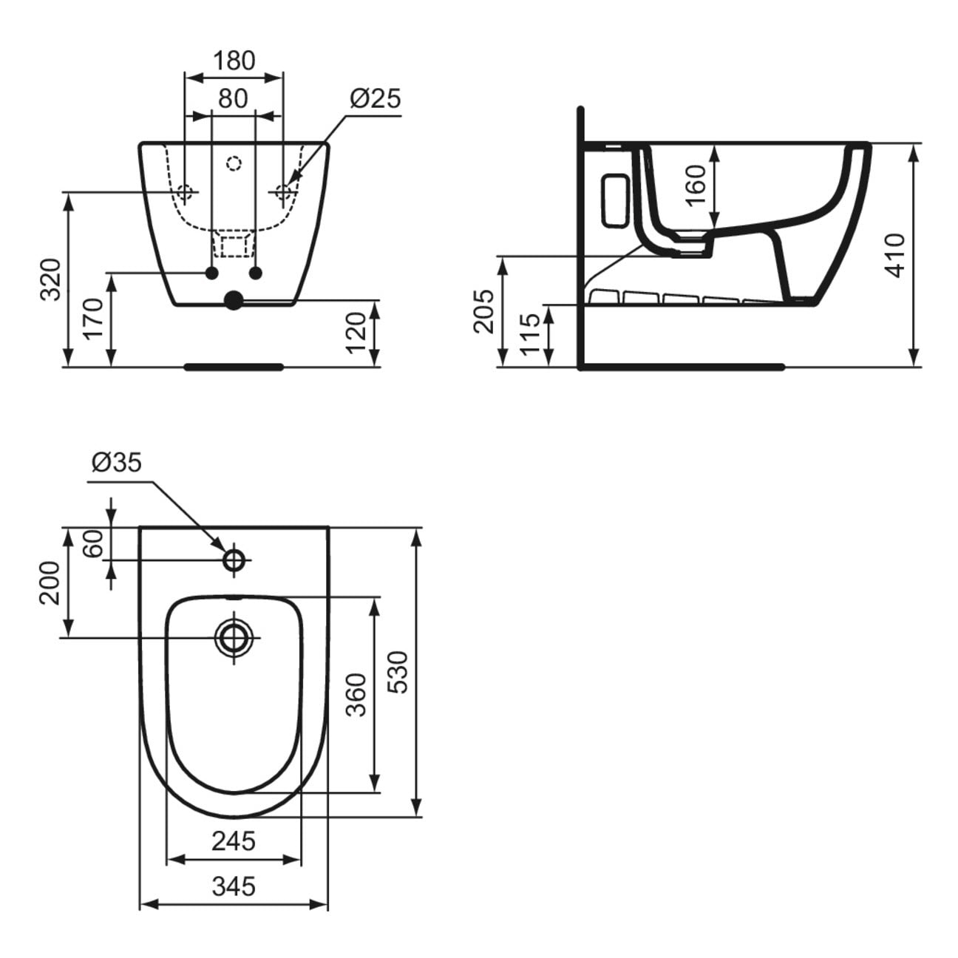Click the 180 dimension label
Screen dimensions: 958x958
(x=234, y=60)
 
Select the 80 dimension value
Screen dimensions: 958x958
(x=234, y=98)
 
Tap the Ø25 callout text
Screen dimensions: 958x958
(x=375, y=98)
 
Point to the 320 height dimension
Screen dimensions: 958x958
(x=50, y=279)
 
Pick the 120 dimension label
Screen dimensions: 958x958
(x=356, y=333)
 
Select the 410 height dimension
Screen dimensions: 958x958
(x=894, y=255)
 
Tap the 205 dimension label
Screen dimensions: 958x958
(x=484, y=310)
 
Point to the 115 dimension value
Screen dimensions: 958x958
(x=529, y=334)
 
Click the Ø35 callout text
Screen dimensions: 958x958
(x=116, y=463)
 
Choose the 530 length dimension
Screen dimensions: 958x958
(x=397, y=671)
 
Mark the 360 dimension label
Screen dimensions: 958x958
(x=356, y=694)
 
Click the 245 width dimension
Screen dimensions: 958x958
(x=234, y=840)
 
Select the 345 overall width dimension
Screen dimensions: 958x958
(x=234, y=886)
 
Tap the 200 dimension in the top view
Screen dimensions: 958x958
(x=50, y=582)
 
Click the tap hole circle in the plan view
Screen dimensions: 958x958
(x=234, y=560)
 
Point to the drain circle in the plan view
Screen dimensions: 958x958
(x=234, y=636)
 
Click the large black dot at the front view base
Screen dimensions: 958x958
(x=234, y=299)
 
